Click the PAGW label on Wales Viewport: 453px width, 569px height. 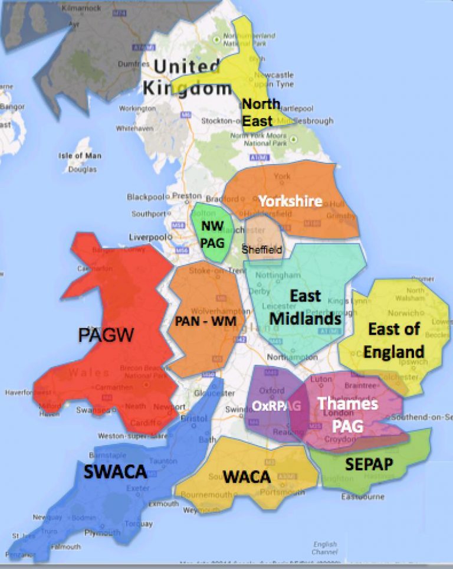coord(106,336)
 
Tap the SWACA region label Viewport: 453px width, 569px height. coord(114,471)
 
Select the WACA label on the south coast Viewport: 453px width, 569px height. coord(247,476)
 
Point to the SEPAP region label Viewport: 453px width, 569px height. coord(369,464)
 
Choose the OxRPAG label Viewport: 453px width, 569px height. coord(277,406)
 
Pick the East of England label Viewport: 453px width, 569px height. coord(393,340)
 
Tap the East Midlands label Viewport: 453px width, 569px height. coord(306,307)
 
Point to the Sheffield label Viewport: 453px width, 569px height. coord(262,250)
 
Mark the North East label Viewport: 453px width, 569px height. coord(261,113)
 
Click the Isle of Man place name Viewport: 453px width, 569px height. coord(80,156)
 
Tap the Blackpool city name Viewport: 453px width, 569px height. coord(145,197)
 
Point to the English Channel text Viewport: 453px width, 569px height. coord(325,548)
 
